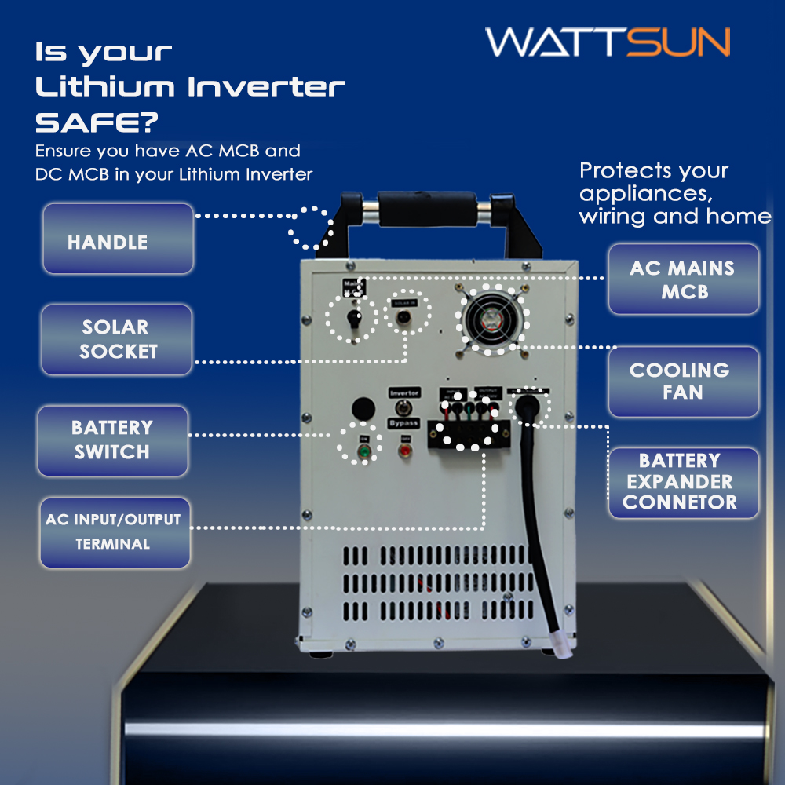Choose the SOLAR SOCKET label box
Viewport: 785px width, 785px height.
[x=116, y=339]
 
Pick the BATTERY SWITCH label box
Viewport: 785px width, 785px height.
[x=112, y=440]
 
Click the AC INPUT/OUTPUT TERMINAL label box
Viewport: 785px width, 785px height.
[x=115, y=531]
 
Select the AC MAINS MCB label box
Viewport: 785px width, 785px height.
[x=683, y=279]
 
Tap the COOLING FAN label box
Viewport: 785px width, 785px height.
[x=683, y=381]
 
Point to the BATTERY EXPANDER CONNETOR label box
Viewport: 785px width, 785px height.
[x=683, y=482]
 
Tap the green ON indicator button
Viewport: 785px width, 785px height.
[x=363, y=451]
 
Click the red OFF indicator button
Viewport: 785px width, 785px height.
[x=405, y=451]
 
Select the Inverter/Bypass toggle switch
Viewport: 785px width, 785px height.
[x=404, y=407]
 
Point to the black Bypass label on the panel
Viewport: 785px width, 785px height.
[x=404, y=424]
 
